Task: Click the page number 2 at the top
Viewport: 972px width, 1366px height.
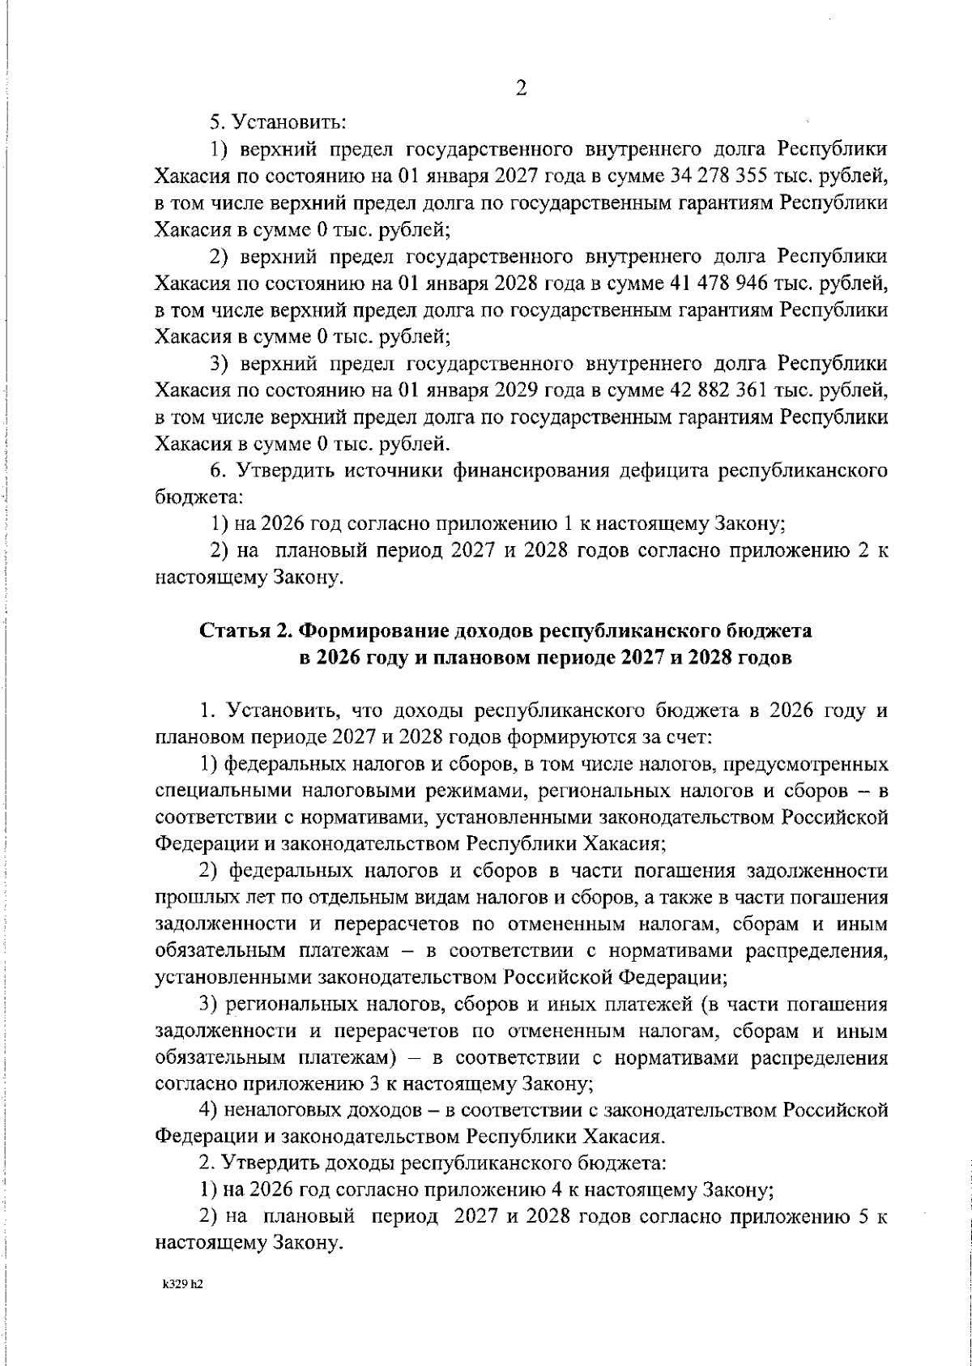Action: click(522, 89)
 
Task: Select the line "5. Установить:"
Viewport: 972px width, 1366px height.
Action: click(278, 122)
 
